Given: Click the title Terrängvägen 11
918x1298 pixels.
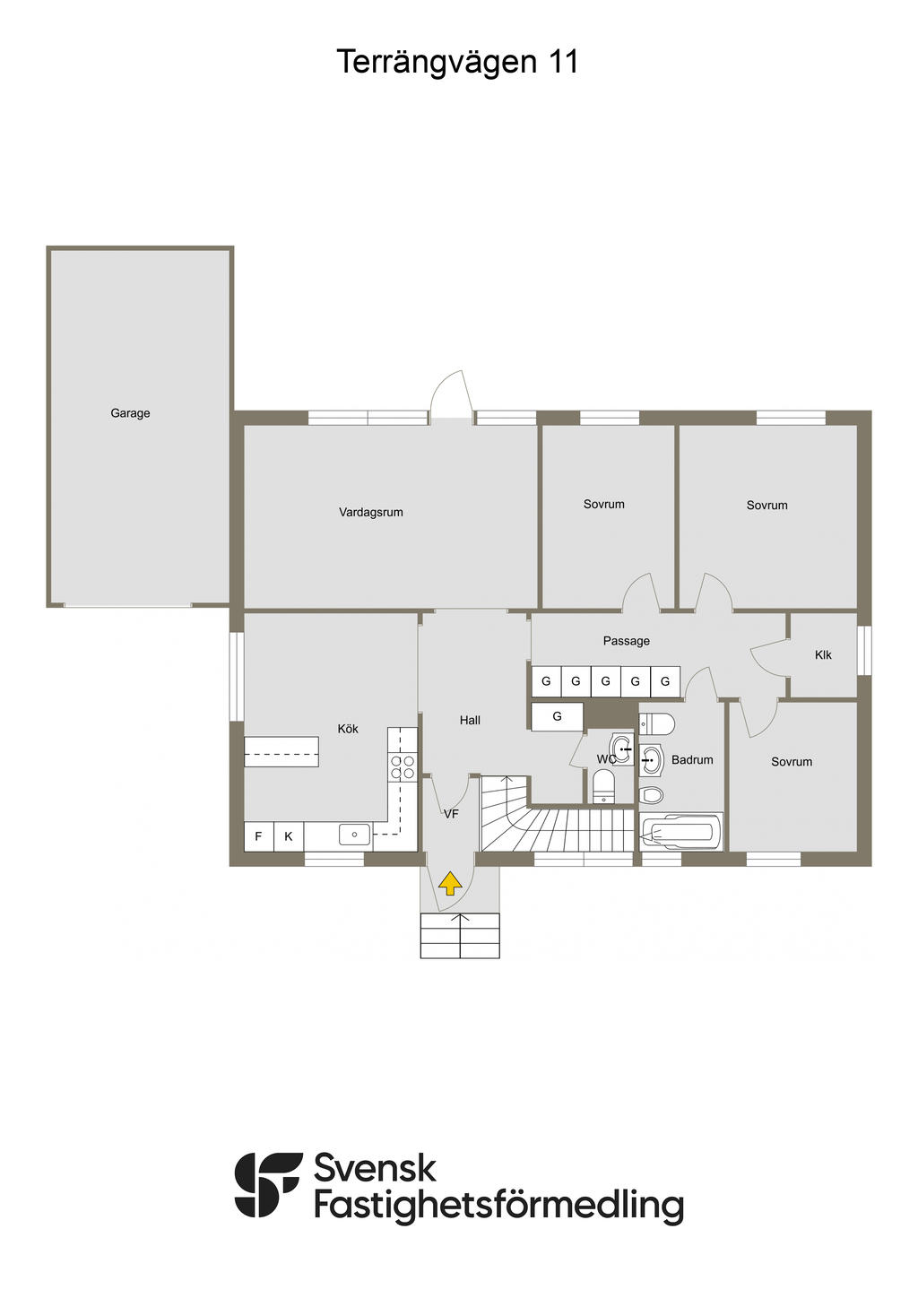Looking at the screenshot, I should (x=457, y=62).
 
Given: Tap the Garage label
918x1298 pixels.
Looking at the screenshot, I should (x=130, y=413).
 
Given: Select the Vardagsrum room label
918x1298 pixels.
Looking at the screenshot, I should (x=370, y=513).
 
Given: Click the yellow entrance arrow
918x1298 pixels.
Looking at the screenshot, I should (x=450, y=885).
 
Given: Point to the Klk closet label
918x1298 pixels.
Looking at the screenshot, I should (x=823, y=655).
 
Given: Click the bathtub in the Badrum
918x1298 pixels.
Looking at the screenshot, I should (x=681, y=833).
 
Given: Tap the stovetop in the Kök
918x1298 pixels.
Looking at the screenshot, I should (x=403, y=766).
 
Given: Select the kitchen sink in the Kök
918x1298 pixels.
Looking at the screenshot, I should (x=354, y=835).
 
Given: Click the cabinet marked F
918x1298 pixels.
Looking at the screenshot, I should (x=258, y=836).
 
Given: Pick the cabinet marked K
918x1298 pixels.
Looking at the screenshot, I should (x=289, y=836).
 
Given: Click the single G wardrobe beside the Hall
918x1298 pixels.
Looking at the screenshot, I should (x=557, y=716).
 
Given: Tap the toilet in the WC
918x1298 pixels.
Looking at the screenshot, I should (x=604, y=787).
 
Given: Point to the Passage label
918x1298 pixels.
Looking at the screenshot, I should (x=626, y=641).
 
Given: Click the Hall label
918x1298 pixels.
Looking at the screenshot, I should (x=470, y=720).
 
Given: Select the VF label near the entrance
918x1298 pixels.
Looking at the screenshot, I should (x=451, y=814).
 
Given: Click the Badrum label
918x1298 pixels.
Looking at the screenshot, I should (x=692, y=760).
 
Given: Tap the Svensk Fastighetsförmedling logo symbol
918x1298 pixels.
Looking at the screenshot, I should (x=267, y=1184).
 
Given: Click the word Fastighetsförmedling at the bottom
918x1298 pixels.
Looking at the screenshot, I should (x=498, y=1206).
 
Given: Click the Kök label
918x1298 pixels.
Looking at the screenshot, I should (x=348, y=729).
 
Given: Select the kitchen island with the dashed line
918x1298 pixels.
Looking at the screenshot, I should (x=281, y=751).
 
